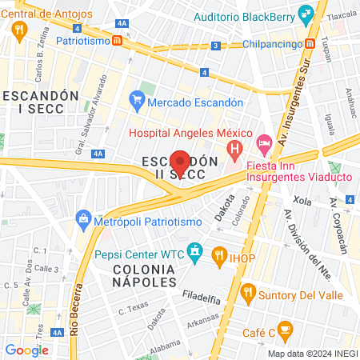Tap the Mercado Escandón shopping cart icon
136,101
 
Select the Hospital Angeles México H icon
234,149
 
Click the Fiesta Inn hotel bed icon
264,142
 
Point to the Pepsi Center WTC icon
195,254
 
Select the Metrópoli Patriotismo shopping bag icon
83,218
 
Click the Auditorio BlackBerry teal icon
305,14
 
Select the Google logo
27,350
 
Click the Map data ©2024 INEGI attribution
311,353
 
